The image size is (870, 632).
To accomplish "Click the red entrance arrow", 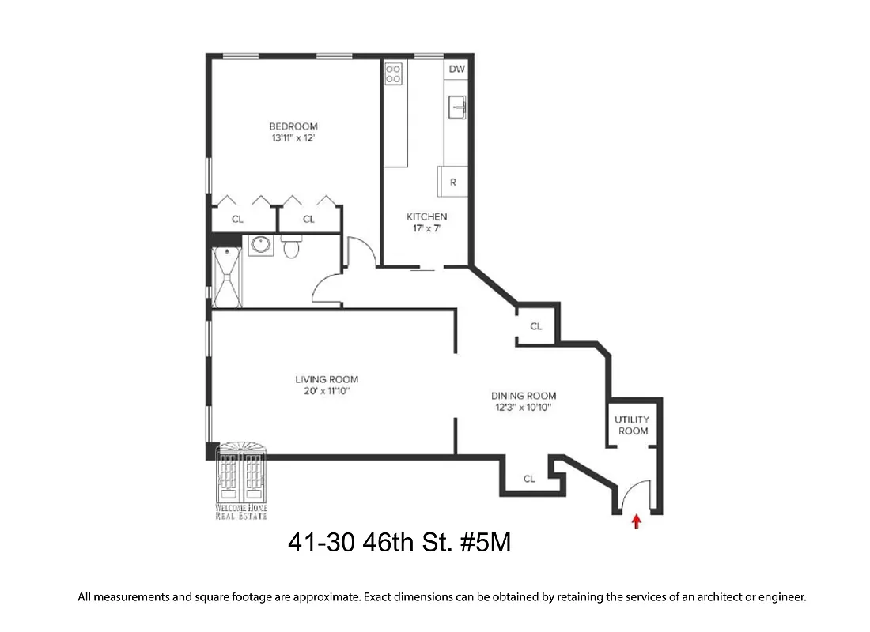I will [x=637, y=521].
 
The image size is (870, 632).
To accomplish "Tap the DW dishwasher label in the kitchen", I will [x=456, y=70].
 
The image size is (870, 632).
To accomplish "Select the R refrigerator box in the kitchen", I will [x=453, y=182].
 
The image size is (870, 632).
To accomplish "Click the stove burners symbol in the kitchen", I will [x=393, y=73].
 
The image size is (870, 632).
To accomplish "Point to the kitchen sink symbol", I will [x=457, y=107].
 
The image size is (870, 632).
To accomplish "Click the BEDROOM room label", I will [x=293, y=126].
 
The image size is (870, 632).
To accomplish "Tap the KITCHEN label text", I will [x=426, y=216].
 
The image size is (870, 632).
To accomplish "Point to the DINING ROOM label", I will [x=523, y=396].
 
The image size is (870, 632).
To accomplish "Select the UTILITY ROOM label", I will [x=633, y=425].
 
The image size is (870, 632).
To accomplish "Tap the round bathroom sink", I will [x=260, y=246].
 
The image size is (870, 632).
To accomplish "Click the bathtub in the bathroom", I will [x=229, y=276].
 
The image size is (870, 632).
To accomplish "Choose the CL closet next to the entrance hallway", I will [x=529, y=479].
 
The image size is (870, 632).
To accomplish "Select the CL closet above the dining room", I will [x=536, y=326].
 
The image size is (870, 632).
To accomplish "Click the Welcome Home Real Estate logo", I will [x=242, y=482].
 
